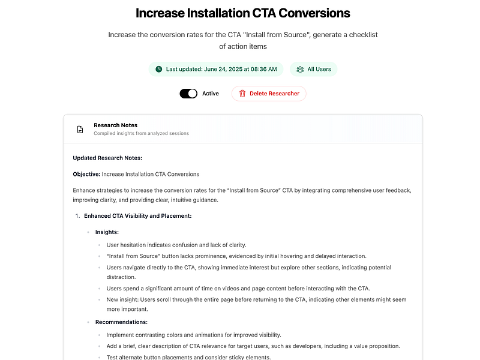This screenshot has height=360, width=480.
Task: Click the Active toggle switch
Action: coord(188,94)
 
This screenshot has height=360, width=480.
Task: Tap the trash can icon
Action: coord(242,94)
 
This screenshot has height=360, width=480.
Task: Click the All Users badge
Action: coord(314,69)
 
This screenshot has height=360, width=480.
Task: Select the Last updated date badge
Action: coord(216,69)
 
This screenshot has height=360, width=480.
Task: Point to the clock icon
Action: coord(159,69)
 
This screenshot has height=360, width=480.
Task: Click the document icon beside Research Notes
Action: coord(80,129)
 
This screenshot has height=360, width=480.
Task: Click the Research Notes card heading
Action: coord(115,125)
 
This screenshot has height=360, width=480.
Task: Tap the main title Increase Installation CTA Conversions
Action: coord(243,13)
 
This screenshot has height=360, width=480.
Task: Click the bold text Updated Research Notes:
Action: coord(107,158)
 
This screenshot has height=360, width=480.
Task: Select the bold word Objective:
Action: coord(86,174)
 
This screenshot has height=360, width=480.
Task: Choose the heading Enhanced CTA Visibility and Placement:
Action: coord(137,215)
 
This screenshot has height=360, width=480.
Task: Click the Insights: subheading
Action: coord(107,232)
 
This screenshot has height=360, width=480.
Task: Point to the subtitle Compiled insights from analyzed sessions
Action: coord(141,133)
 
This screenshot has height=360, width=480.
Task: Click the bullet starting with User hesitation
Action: coord(176,245)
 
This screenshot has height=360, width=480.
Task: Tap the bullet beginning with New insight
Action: coord(247,299)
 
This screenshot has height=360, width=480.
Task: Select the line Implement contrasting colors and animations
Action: coord(193,335)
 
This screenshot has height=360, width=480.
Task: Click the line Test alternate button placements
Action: coord(188,357)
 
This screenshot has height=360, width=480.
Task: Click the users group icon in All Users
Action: coord(300,69)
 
